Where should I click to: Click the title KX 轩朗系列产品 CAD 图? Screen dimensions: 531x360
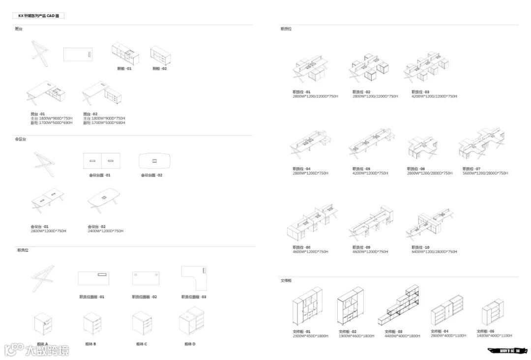(x=38, y=16)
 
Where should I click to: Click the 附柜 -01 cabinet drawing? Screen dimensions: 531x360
(x=125, y=53)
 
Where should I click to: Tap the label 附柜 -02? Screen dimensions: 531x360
(x=160, y=69)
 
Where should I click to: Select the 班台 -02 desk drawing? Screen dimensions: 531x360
(x=102, y=94)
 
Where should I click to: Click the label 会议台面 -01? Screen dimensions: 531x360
(x=100, y=175)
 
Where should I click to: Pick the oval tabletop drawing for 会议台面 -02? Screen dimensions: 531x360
(x=154, y=161)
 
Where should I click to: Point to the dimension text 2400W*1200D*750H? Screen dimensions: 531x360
(x=106, y=231)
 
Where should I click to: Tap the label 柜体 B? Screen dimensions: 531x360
(x=90, y=344)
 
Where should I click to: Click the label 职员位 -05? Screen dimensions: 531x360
(x=361, y=169)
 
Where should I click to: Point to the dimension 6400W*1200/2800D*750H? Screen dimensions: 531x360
(x=434, y=252)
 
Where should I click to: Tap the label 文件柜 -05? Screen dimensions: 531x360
(x=486, y=331)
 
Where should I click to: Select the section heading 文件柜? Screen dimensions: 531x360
(x=286, y=280)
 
